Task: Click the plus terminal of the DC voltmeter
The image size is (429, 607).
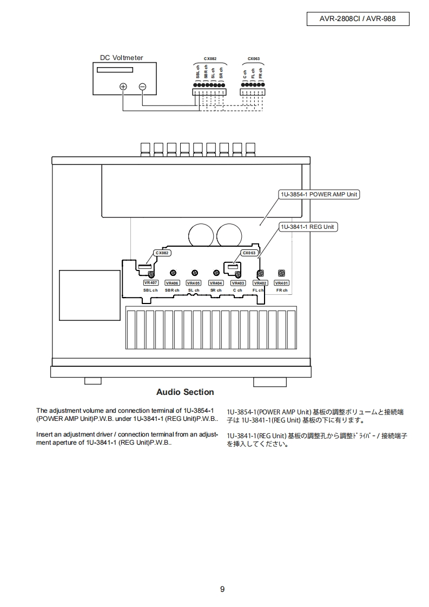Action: click(x=123, y=87)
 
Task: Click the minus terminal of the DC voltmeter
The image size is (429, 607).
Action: click(x=142, y=87)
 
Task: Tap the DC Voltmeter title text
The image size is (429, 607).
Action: click(x=122, y=58)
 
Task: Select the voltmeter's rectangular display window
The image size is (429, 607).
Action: click(x=115, y=70)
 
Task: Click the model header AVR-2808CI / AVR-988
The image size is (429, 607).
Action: click(x=358, y=19)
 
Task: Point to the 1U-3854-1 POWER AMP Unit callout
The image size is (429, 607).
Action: click(x=319, y=194)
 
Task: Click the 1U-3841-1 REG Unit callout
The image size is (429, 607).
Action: click(x=308, y=227)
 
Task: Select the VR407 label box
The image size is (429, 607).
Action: click(x=150, y=283)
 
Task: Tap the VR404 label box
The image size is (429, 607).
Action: click(x=216, y=283)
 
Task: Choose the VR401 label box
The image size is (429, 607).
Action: click(x=281, y=283)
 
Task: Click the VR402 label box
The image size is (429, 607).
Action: click(x=260, y=283)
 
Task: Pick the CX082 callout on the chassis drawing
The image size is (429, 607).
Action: click(x=162, y=253)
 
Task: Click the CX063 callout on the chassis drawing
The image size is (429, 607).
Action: click(x=249, y=253)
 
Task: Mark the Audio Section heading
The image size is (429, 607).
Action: click(x=185, y=392)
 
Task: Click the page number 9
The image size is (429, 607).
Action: click(x=222, y=589)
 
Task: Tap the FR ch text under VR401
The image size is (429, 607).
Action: click(x=281, y=291)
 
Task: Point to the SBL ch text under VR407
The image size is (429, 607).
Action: click(x=150, y=291)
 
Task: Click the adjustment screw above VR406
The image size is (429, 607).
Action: click(x=173, y=273)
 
